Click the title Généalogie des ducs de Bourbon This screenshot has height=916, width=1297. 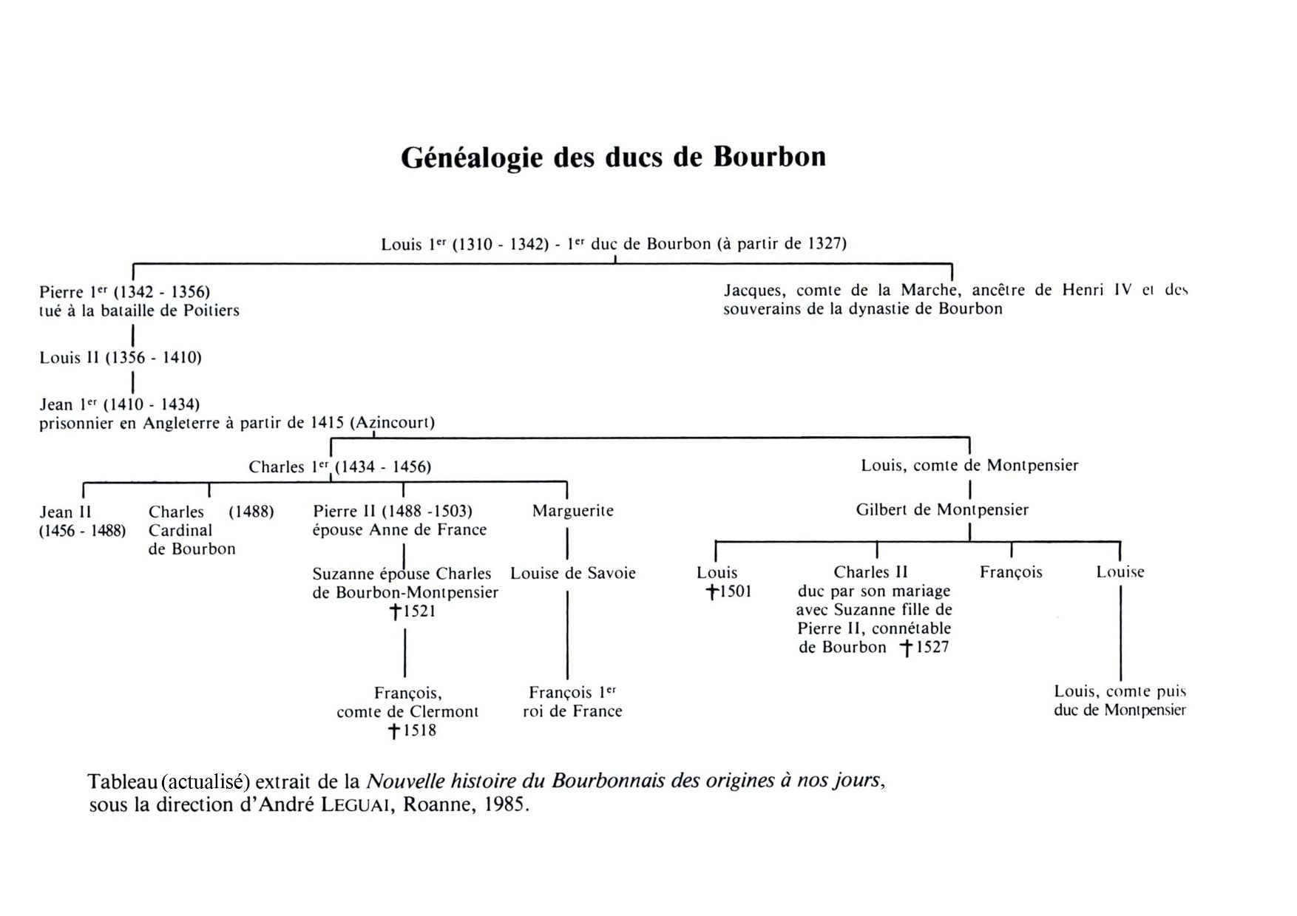point(613,157)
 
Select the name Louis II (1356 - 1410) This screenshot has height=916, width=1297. point(121,358)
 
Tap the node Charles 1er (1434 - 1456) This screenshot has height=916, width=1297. point(339,467)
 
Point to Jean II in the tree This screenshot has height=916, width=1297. point(65,512)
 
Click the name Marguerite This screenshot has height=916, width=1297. point(572,511)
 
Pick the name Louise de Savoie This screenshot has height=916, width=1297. point(572,573)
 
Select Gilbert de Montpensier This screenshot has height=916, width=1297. point(942,509)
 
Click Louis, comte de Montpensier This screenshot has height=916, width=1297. point(969,466)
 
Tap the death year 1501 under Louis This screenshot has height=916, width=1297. point(734,591)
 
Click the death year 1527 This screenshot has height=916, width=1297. point(932,648)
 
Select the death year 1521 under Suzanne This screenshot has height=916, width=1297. point(419,611)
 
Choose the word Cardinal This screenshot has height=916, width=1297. point(180,531)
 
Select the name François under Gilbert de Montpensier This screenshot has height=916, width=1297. point(1011,572)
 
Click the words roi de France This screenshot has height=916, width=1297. point(572,711)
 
